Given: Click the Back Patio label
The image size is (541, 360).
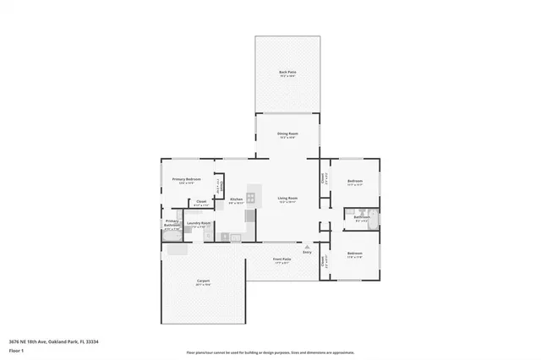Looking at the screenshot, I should click(x=287, y=73).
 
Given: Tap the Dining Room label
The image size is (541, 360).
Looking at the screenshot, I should click(x=287, y=134).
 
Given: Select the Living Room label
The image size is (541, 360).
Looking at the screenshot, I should click(x=287, y=199).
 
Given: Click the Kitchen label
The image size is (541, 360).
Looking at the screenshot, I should click(x=237, y=200).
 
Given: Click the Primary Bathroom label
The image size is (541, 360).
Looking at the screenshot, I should click(x=172, y=223).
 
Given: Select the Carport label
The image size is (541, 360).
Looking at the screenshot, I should click(x=203, y=281).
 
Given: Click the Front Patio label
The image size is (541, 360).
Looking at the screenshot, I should click(x=281, y=259).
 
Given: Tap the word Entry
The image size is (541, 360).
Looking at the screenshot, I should click(x=307, y=253).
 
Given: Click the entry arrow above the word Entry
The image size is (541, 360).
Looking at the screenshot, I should click(x=307, y=246).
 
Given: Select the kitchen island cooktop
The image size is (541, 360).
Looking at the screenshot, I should click(x=251, y=198).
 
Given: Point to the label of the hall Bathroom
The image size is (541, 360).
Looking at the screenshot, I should click(x=362, y=217).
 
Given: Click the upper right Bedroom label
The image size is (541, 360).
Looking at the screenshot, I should click(x=355, y=182).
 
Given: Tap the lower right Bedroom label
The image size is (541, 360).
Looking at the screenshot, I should click(x=355, y=254).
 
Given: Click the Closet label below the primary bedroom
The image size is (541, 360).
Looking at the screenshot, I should click(x=201, y=201).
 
